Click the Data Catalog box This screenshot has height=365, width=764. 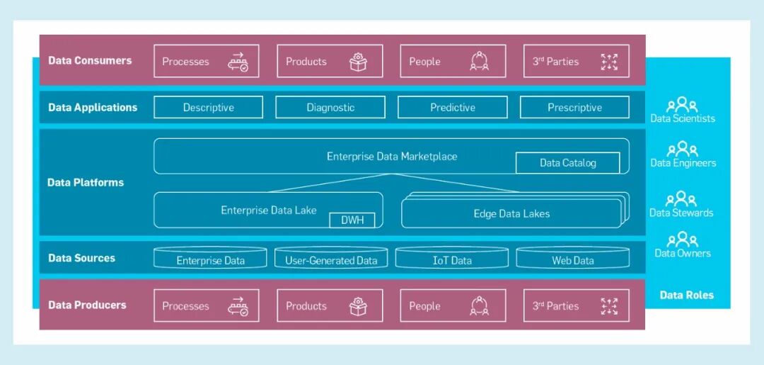[x=567, y=163]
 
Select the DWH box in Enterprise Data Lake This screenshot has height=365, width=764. [x=352, y=220]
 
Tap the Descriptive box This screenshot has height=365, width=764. [x=208, y=108]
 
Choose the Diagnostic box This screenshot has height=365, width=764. [x=330, y=108]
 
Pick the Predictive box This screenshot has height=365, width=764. [x=453, y=108]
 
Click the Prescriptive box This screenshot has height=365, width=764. [x=574, y=108]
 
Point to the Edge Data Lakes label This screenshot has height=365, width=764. [x=511, y=213]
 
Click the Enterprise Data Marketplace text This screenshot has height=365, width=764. [x=392, y=156]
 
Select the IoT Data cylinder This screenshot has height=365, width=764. [x=452, y=259]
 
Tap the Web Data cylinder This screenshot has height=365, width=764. [x=573, y=259]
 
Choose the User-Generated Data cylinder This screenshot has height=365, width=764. [x=331, y=259]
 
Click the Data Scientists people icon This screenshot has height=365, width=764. [x=683, y=105]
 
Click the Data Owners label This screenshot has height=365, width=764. [x=683, y=253]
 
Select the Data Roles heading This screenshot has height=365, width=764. [x=686, y=295]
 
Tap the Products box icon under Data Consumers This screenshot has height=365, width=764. [x=359, y=62]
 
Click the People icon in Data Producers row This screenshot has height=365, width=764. [x=480, y=306]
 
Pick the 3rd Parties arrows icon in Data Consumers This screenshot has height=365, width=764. [x=608, y=62]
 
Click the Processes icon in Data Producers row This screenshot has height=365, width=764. [x=238, y=306]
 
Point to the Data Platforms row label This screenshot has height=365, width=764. [x=86, y=182]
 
